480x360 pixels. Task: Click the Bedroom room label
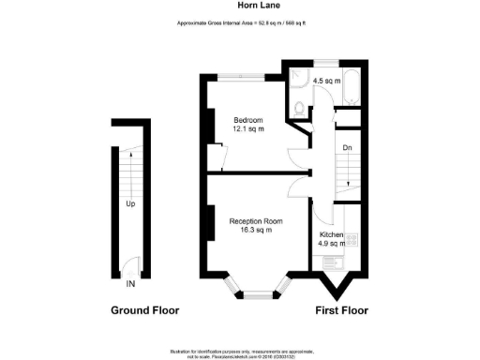pos(247,120)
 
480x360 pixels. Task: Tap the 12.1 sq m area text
pos(247,129)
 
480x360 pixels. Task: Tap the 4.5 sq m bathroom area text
pos(322,80)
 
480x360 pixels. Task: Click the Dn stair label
pos(346,148)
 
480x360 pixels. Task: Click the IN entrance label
pos(130,282)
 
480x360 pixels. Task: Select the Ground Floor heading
pos(144,310)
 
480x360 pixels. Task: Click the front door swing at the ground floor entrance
pos(135,267)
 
